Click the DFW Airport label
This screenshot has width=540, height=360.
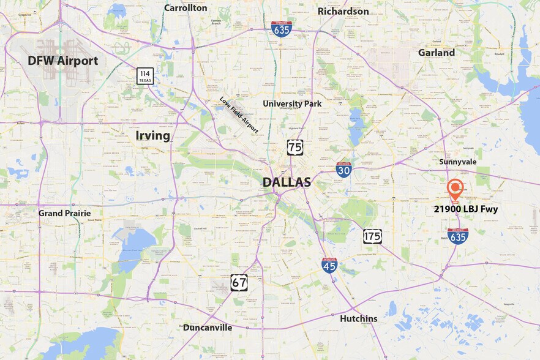(62, 61)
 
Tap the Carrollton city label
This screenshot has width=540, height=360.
(186, 8)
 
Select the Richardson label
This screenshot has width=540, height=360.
(343, 11)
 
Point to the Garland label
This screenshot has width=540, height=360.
(436, 53)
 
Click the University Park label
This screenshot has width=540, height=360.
(292, 103)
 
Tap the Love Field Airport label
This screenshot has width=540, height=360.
(239, 114)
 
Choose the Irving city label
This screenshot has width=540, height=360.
(152, 135)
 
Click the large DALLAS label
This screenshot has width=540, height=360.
(287, 182)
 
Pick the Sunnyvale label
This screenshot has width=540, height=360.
(457, 162)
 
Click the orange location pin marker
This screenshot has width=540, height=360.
(455, 189)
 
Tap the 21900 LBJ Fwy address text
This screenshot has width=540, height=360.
(466, 209)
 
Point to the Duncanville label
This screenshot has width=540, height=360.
(208, 328)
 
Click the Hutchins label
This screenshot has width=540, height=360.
(359, 318)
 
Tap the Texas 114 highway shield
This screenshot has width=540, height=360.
(145, 76)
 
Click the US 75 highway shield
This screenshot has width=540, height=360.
(295, 147)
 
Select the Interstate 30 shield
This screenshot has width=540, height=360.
(343, 170)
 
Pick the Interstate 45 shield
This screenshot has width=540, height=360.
(329, 264)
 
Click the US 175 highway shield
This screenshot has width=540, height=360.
(372, 236)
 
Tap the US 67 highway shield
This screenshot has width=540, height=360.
(239, 282)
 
